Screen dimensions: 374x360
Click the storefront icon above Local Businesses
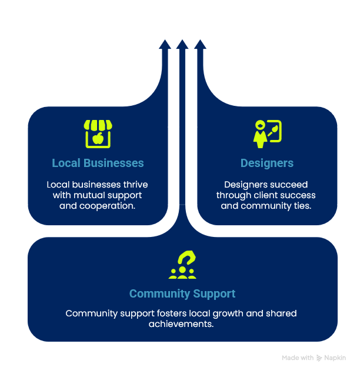pyautogui.click(x=98, y=133)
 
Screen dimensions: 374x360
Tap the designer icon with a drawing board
pyautogui.click(x=267, y=133)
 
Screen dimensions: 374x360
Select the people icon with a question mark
pyautogui.click(x=182, y=265)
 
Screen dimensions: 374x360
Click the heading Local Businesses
pyautogui.click(x=98, y=163)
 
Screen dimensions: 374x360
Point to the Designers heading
pyautogui.click(x=267, y=163)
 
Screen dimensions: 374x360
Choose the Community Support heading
pyautogui.click(x=182, y=293)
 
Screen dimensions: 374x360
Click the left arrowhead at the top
pyautogui.click(x=165, y=44)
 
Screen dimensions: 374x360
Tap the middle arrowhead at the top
pyautogui.click(x=182, y=44)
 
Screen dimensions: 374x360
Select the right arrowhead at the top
pyautogui.click(x=199, y=44)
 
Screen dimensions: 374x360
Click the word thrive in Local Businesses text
pyautogui.click(x=135, y=185)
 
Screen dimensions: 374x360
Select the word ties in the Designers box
pyautogui.click(x=302, y=206)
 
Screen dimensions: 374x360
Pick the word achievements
pyautogui.click(x=182, y=324)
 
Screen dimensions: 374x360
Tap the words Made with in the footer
pyautogui.click(x=298, y=358)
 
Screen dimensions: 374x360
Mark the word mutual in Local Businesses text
pyautogui.click(x=88, y=195)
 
